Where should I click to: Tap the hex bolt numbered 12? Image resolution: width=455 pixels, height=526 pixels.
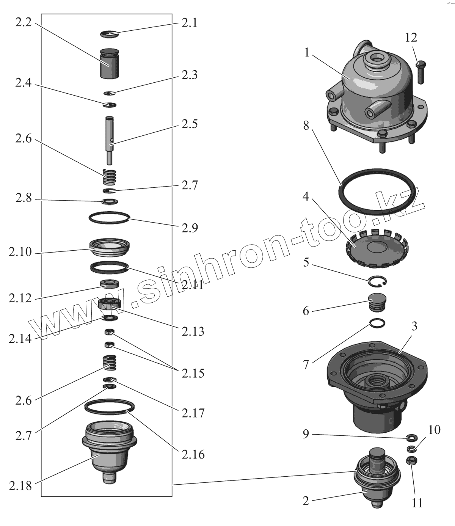(420, 72)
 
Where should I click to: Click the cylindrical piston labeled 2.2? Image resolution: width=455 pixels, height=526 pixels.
(109, 63)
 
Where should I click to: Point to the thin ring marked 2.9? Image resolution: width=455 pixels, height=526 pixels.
(109, 218)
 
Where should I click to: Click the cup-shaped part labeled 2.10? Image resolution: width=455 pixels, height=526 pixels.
(110, 247)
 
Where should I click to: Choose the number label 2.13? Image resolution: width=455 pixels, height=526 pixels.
(193, 331)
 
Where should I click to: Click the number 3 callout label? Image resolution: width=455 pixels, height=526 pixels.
(414, 326)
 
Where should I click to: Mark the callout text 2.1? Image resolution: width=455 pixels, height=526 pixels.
(189, 23)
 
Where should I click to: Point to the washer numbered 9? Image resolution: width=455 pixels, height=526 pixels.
(410, 438)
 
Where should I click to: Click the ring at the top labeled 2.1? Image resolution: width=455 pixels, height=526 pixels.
(110, 34)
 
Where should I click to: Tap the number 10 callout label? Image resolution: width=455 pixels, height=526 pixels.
(434, 430)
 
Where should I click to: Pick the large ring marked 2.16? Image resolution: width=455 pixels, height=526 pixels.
(109, 406)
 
